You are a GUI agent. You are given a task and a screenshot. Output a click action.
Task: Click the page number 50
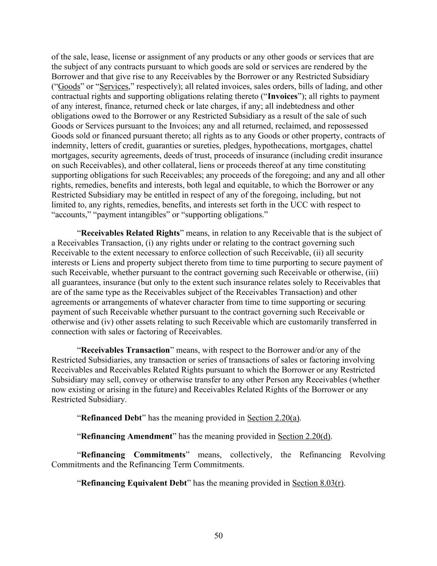pos(218,536)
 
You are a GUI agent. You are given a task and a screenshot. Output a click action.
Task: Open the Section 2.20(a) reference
pos(273,418)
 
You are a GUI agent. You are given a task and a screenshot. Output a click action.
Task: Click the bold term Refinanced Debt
pos(111,418)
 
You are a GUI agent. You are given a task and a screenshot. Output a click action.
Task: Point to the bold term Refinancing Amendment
pos(126,436)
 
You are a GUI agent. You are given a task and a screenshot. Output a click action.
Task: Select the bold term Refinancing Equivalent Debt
pos(134,483)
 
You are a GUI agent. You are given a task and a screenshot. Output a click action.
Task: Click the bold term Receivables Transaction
pos(126,350)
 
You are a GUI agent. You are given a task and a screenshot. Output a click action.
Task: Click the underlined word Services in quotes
pos(114,86)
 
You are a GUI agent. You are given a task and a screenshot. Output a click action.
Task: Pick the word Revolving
pos(367,455)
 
